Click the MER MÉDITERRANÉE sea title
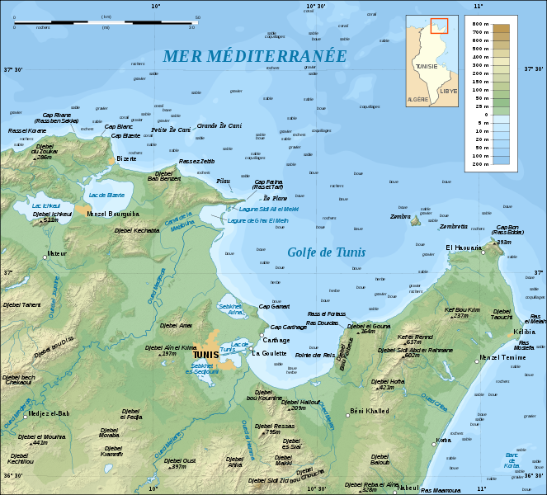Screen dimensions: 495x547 (x=254, y=56)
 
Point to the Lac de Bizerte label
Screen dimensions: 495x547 (x=106, y=195)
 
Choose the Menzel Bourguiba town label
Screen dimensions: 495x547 (x=113, y=213)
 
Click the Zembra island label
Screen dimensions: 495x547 (x=400, y=217)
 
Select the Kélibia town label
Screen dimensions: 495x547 (x=524, y=331)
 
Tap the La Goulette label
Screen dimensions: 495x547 (x=269, y=353)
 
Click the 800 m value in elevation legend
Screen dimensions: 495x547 (x=525, y=26)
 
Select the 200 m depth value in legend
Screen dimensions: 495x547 (x=525, y=165)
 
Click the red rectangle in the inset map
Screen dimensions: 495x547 (x=438, y=26)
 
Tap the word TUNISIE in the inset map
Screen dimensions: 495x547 (x=427, y=65)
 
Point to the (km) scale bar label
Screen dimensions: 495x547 (x=106, y=16)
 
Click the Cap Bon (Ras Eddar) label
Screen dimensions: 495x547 (x=510, y=229)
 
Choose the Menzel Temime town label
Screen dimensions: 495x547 (x=502, y=357)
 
